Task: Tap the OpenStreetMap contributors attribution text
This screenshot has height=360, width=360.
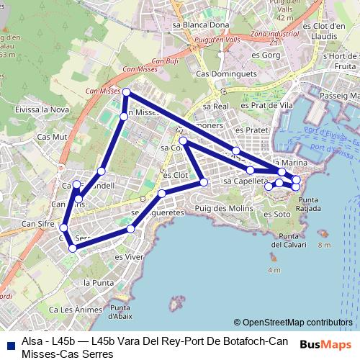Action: (x=293, y=323)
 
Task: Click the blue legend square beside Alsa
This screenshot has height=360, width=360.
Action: (x=12, y=341)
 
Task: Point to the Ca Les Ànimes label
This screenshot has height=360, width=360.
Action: (x=72, y=310)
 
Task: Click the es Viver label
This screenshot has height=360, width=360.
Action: (x=129, y=255)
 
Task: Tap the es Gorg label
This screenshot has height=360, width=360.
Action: (x=270, y=54)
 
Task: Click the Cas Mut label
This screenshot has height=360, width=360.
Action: (x=51, y=135)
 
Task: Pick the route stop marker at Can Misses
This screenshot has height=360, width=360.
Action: (x=126, y=92)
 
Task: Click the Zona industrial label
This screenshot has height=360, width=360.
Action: (x=276, y=34)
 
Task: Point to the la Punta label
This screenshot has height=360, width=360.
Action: (x=96, y=282)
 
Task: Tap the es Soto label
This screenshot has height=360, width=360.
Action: (x=278, y=214)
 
